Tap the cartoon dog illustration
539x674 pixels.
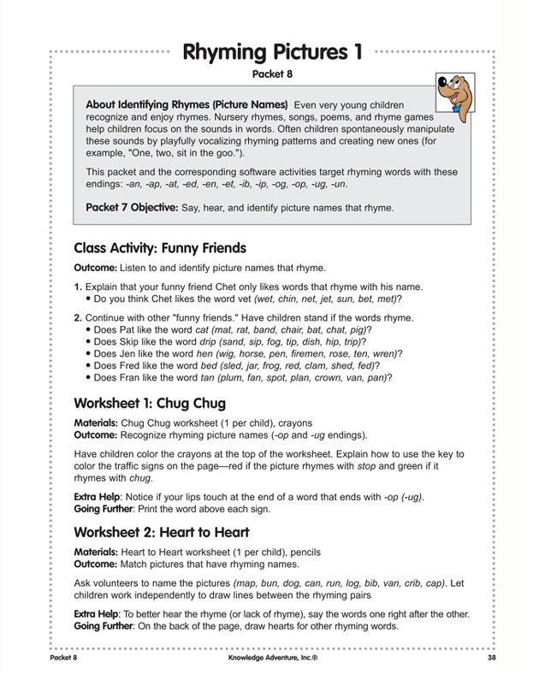click(x=454, y=86)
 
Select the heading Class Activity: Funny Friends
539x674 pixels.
click(x=160, y=248)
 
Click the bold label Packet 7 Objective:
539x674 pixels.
click(x=132, y=207)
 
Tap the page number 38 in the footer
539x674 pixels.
click(x=491, y=658)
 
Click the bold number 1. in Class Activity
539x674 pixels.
click(x=78, y=287)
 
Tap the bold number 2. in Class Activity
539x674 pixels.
click(x=78, y=317)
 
